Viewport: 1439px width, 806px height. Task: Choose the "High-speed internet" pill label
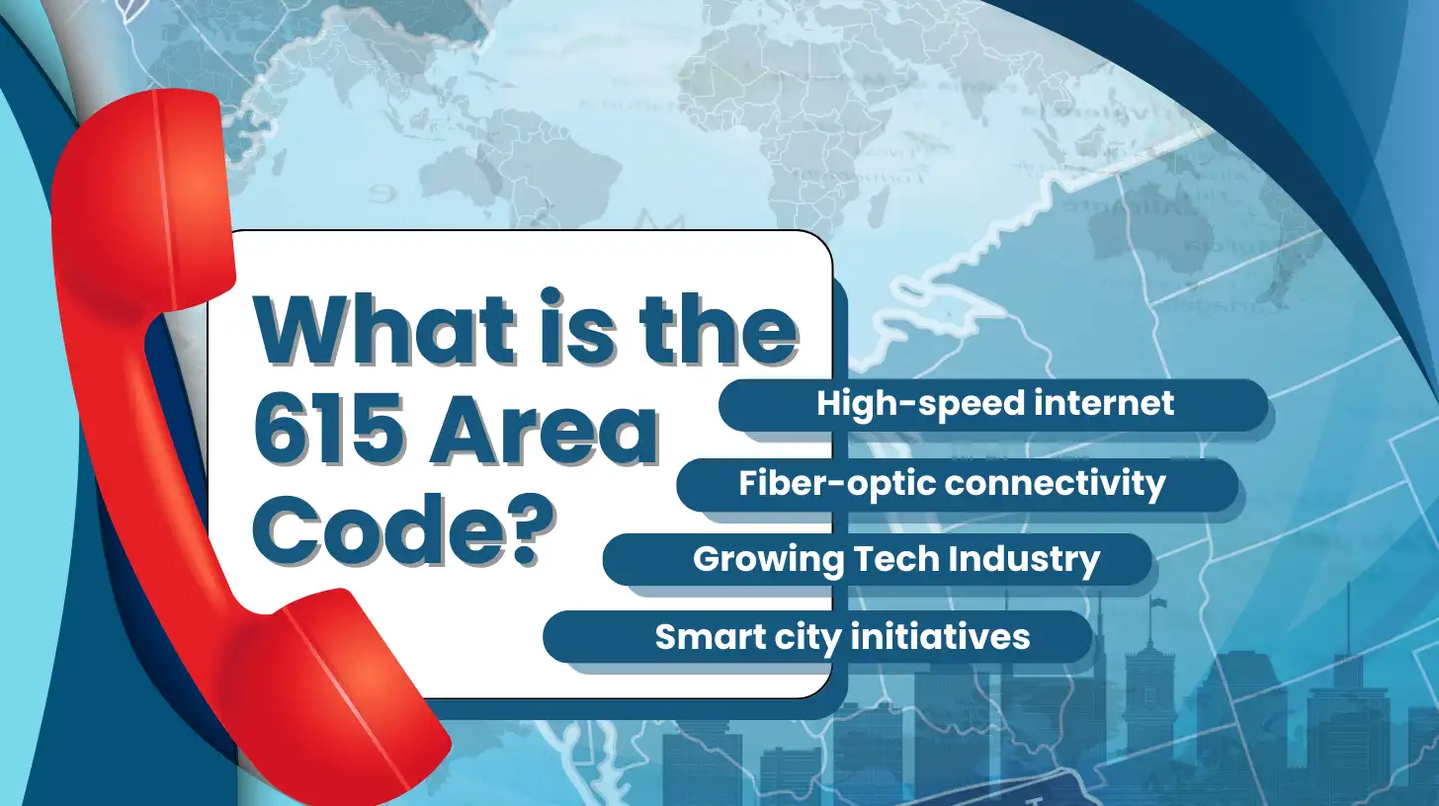pos(994,404)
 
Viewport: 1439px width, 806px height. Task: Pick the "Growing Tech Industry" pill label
pos(895,559)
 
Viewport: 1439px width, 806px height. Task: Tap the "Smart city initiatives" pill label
pos(842,636)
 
